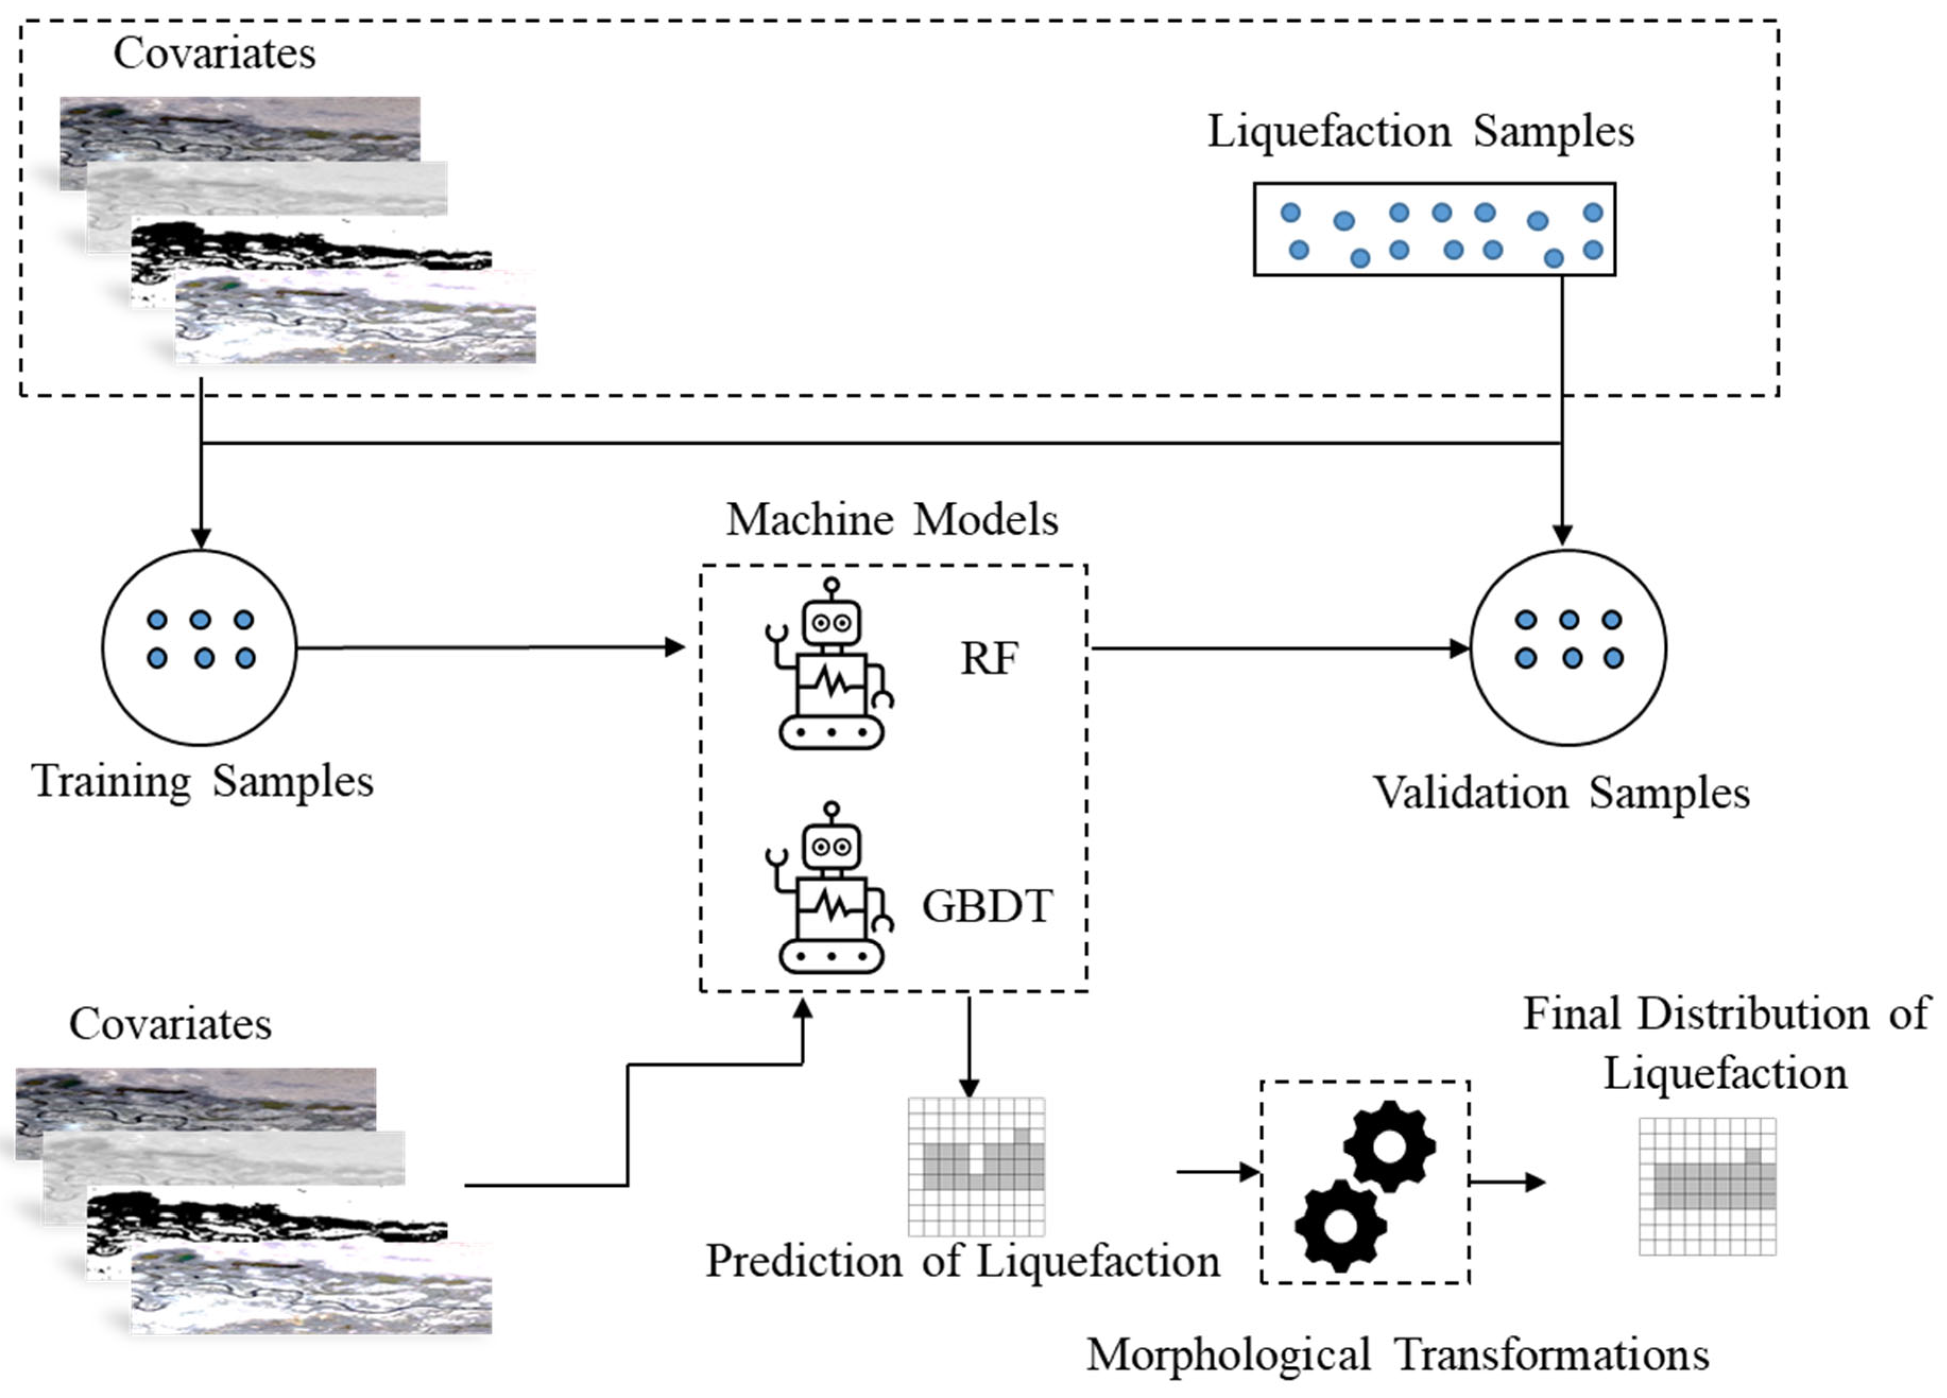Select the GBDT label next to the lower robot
click(x=987, y=906)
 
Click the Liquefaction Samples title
click(x=1421, y=131)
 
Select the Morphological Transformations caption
click(x=1398, y=1355)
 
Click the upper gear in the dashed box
click(x=1389, y=1146)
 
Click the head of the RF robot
click(x=831, y=620)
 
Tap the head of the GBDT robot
click(x=831, y=845)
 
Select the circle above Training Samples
click(x=200, y=648)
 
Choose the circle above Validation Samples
click(x=1569, y=648)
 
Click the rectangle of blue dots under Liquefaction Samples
click(x=1434, y=229)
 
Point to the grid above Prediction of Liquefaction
click(x=977, y=1166)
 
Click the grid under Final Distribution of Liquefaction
click(x=1708, y=1186)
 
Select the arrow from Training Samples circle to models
click(x=489, y=648)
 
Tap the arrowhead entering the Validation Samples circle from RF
click(x=1459, y=648)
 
